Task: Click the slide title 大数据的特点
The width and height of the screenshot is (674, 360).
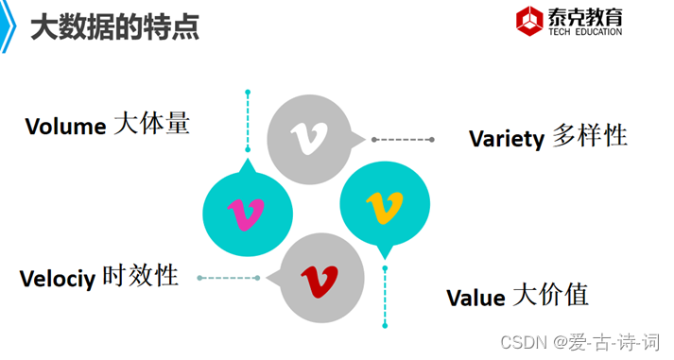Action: pyautogui.click(x=114, y=28)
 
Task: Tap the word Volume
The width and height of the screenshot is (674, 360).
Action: pyautogui.click(x=64, y=127)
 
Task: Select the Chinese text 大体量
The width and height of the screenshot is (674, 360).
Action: pyautogui.click(x=151, y=124)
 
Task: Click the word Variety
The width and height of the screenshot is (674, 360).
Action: pyautogui.click(x=506, y=139)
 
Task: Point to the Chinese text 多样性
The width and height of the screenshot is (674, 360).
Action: pyautogui.click(x=589, y=136)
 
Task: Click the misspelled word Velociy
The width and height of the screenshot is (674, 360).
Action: pyautogui.click(x=57, y=279)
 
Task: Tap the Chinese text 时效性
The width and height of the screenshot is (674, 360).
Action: pyautogui.click(x=140, y=276)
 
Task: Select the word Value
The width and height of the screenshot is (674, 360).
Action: pyautogui.click(x=475, y=299)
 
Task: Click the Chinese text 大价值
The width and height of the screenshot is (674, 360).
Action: pyautogui.click(x=550, y=296)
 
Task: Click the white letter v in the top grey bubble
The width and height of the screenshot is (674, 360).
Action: pyautogui.click(x=305, y=138)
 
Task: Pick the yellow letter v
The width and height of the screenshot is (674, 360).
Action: pyautogui.click(x=385, y=205)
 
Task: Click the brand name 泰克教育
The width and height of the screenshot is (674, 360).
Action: pyautogui.click(x=585, y=16)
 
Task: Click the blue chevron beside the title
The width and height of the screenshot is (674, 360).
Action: pyautogui.click(x=9, y=28)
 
